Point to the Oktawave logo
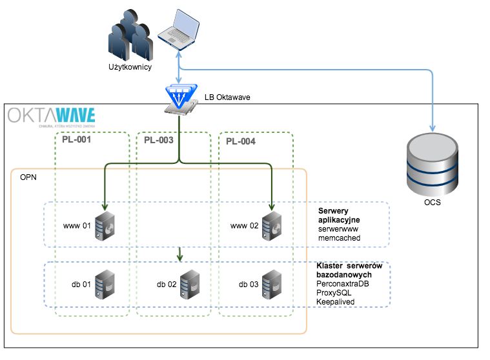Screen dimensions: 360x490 click(x=52, y=116)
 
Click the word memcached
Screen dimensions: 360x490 click(x=340, y=239)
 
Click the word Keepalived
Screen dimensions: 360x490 click(x=336, y=301)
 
